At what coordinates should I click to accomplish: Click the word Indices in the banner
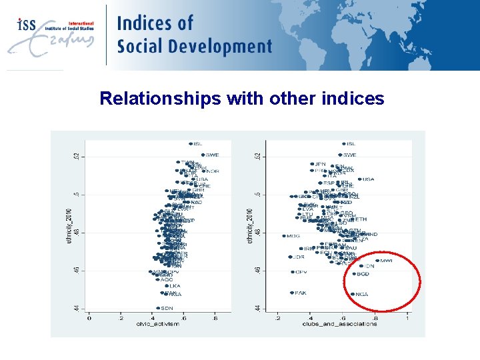tap(155, 23)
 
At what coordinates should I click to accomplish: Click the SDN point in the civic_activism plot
tap(158, 309)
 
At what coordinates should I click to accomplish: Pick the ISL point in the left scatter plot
tap(191, 143)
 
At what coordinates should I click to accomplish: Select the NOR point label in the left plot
tap(212, 171)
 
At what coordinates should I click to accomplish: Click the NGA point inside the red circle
tap(353, 294)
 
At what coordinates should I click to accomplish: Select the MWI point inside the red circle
tap(377, 261)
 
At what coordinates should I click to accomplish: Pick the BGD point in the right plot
tap(355, 273)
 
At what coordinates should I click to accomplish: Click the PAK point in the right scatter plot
tap(292, 293)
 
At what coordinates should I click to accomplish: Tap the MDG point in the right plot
tap(284, 235)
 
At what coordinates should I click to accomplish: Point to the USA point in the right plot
tap(359, 179)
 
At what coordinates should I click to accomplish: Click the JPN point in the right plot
tap(311, 164)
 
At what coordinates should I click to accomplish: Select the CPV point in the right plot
tap(293, 272)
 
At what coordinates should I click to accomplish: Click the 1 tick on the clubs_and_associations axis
tap(407, 317)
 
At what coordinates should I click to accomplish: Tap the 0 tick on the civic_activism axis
tap(90, 317)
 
